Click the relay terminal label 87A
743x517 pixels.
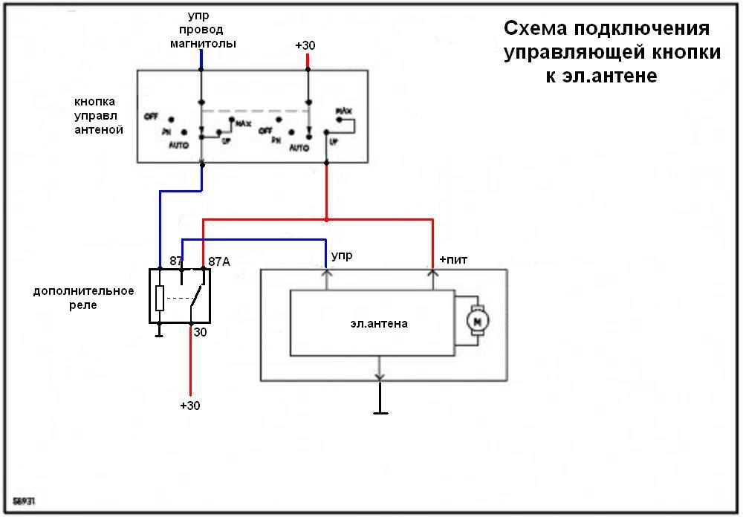pos(218,261)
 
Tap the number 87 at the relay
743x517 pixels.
pos(176,261)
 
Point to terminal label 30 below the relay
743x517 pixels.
pos(200,333)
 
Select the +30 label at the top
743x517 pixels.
pos(305,46)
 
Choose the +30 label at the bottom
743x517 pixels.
pos(190,406)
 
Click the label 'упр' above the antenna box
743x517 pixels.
pos(342,256)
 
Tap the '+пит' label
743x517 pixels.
pos(453,259)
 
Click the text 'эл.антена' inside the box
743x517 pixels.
pos(379,324)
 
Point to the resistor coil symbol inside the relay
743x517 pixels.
pos(159,298)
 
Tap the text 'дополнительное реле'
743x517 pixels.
pos(83,297)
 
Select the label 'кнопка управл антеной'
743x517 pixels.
pos(99,115)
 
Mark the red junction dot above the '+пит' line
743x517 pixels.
pos(326,219)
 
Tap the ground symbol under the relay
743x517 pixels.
pos(159,334)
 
